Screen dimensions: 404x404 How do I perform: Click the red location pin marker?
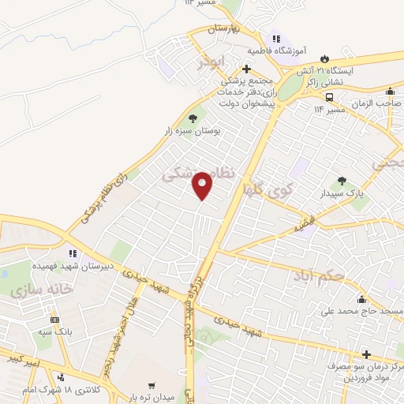coord(203,185)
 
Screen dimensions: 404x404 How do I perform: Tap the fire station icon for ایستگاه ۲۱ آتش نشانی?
coord(325,58)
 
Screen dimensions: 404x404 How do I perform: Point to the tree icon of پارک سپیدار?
coord(342,181)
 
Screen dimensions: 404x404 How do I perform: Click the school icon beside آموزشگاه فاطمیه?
coord(275,38)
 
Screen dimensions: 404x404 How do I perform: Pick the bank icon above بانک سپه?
coord(54,320)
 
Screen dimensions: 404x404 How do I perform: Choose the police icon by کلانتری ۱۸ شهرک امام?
coord(58,377)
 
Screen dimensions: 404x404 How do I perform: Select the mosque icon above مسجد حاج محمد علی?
coord(361,299)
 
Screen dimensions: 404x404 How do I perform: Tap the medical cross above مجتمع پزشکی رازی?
coord(247,69)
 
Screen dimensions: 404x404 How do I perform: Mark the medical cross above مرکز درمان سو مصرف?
coord(365,354)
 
